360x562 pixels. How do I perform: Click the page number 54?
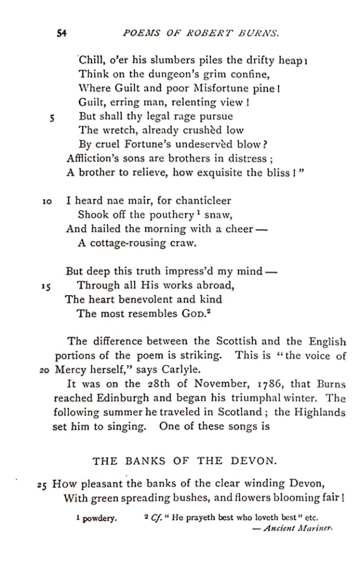(x=62, y=33)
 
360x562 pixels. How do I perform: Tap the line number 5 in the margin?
(x=51, y=117)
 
